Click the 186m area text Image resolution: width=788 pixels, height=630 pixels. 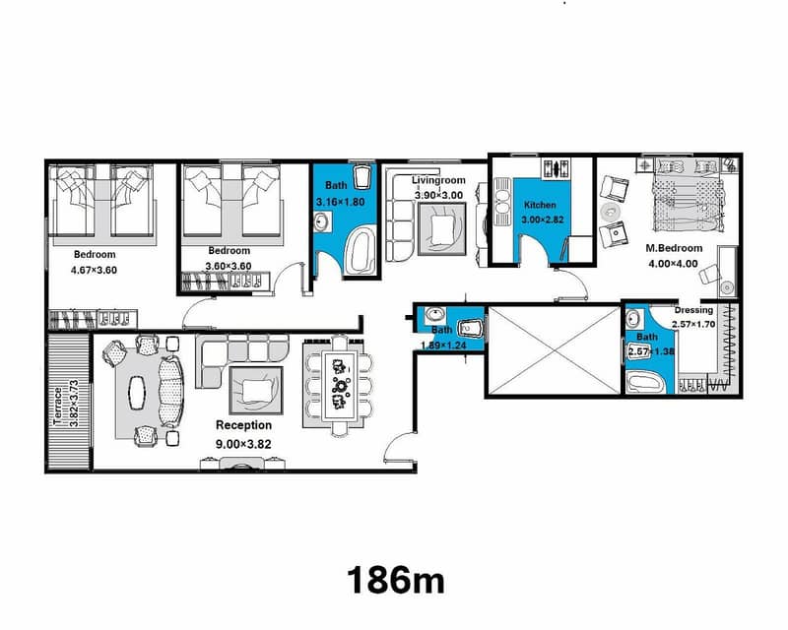[396, 580]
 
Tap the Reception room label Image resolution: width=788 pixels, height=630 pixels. [243, 425]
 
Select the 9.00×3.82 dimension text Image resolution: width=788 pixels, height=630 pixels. [243, 444]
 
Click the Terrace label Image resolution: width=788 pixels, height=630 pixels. [58, 406]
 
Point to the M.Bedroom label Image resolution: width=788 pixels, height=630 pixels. [674, 248]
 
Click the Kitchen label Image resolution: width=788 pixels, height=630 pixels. [540, 205]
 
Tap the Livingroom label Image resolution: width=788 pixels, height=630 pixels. [438, 180]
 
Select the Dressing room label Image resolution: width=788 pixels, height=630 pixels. [693, 310]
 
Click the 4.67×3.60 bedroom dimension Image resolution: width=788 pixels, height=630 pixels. [94, 270]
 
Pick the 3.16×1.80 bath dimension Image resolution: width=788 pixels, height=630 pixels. [340, 203]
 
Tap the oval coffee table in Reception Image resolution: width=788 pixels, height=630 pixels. [137, 393]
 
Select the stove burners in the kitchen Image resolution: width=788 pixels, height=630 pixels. [556, 167]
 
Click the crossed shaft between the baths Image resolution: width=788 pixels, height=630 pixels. [555, 350]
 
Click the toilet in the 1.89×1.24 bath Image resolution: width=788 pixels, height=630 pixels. [472, 328]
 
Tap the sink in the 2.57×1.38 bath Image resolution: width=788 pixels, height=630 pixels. [632, 319]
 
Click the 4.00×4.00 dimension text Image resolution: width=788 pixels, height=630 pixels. [673, 264]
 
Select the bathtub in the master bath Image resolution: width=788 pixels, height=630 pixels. [645, 383]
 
